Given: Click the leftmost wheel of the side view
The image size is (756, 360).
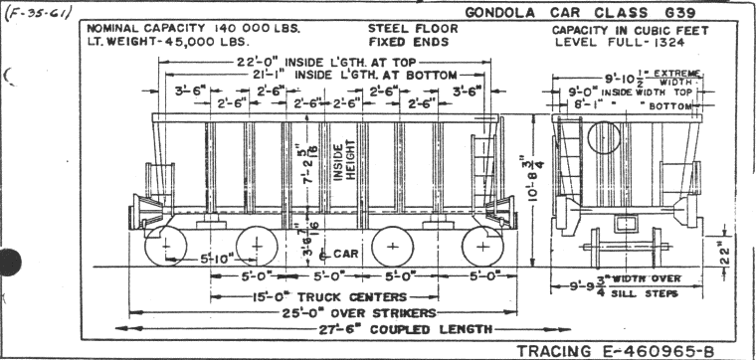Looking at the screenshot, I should pos(165,245).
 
